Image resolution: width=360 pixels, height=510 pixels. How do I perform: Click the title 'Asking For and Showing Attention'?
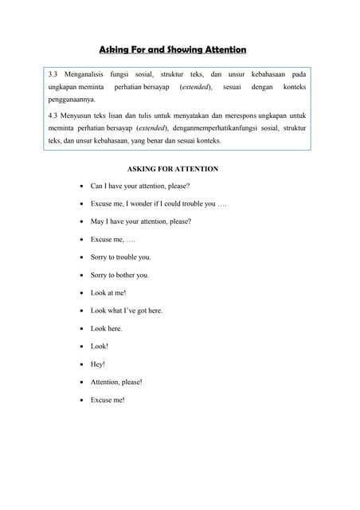[x=172, y=49]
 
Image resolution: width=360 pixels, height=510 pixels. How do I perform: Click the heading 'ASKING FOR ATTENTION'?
[x=172, y=169]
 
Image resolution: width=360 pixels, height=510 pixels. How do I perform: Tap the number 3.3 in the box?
[x=55, y=74]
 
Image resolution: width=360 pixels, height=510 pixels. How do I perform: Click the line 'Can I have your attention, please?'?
[x=140, y=186]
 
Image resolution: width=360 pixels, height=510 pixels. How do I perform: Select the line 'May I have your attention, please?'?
[x=141, y=222]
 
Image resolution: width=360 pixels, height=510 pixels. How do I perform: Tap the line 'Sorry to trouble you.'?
[x=120, y=257]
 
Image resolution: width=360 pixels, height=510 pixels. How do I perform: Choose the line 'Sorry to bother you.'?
[x=119, y=275]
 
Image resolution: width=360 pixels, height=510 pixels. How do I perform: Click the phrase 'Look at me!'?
[x=108, y=292]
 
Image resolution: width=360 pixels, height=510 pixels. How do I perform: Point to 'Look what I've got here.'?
[x=127, y=310]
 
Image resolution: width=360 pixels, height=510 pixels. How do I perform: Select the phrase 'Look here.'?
[x=107, y=328]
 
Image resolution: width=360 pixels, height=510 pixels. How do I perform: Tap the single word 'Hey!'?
[x=98, y=364]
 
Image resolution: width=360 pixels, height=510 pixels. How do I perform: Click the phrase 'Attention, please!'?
[x=116, y=382]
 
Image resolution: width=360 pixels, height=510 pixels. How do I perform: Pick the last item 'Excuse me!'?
[x=108, y=400]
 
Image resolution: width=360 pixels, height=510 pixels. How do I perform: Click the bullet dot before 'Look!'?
[x=81, y=347]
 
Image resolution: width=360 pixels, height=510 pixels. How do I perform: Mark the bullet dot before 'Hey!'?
[x=81, y=364]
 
